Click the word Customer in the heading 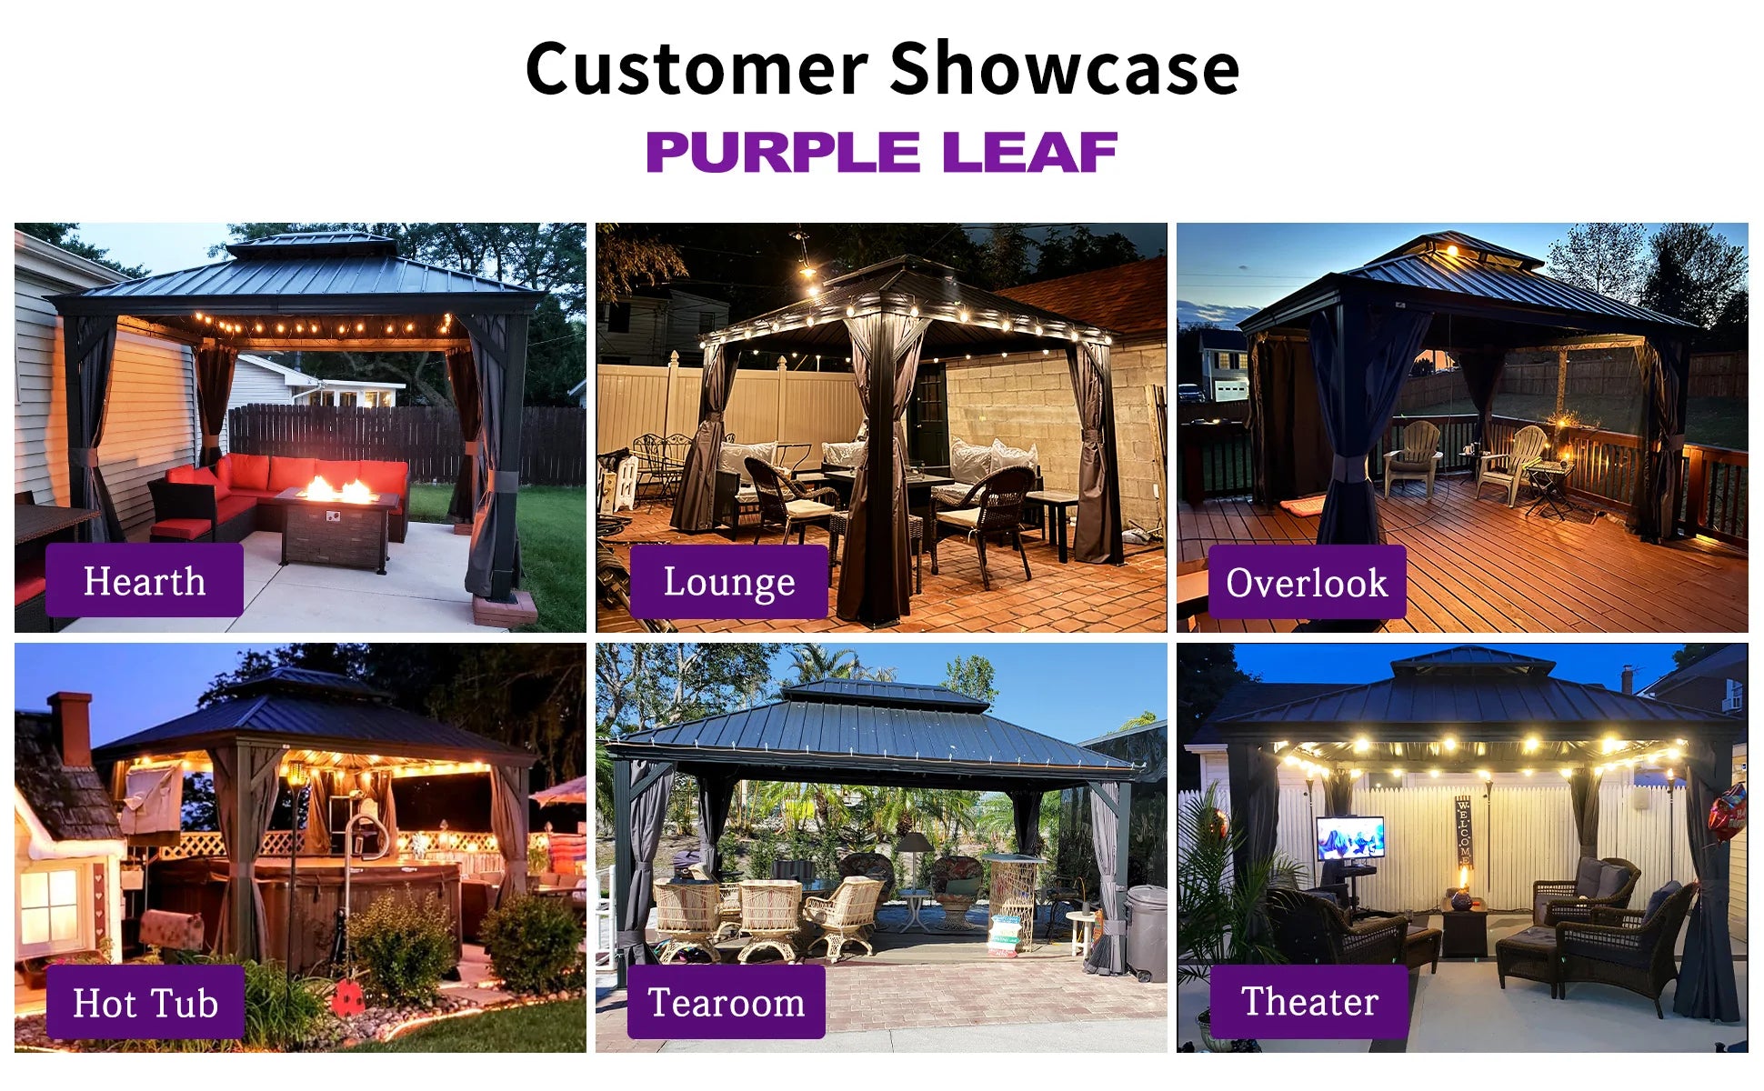[697, 69]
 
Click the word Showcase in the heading [1065, 69]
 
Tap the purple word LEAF [1029, 152]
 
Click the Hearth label [145, 581]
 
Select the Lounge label [728, 582]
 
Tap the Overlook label [1307, 583]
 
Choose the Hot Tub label [145, 1003]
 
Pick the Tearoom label [727, 1002]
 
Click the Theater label [1309, 1001]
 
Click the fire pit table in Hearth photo [337, 528]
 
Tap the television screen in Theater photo [1350, 837]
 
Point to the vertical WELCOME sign [1463, 831]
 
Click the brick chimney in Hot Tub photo [71, 727]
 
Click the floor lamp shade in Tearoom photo [914, 843]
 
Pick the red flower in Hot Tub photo [348, 998]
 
